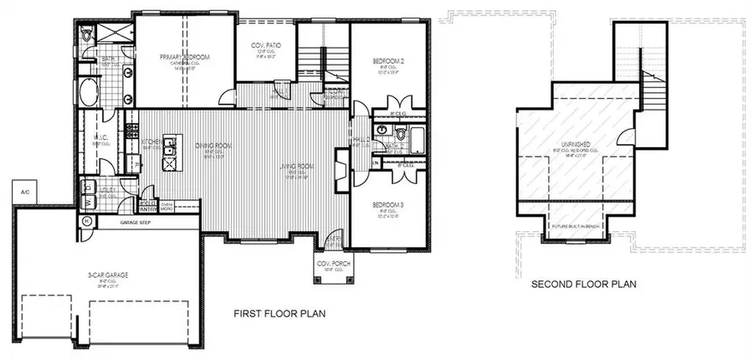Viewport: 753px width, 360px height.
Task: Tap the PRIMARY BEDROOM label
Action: pos(184,57)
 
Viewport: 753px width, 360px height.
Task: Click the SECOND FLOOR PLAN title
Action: pos(584,285)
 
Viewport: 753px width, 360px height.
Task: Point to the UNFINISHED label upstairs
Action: pos(578,145)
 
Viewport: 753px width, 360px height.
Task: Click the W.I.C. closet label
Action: pos(100,139)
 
